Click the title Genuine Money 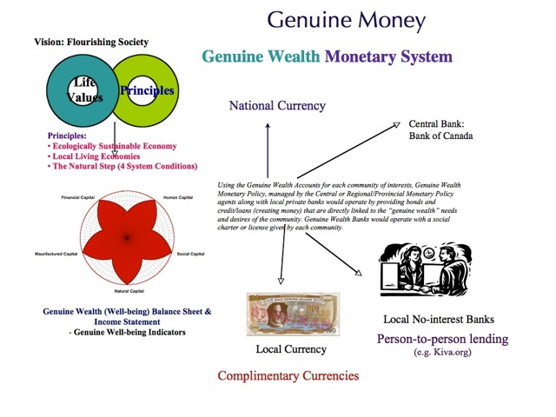346,21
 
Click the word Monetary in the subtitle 366,57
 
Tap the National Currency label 277,106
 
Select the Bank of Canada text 440,136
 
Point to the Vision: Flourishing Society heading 91,42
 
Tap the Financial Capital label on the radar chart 77,199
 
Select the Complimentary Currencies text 288,376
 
